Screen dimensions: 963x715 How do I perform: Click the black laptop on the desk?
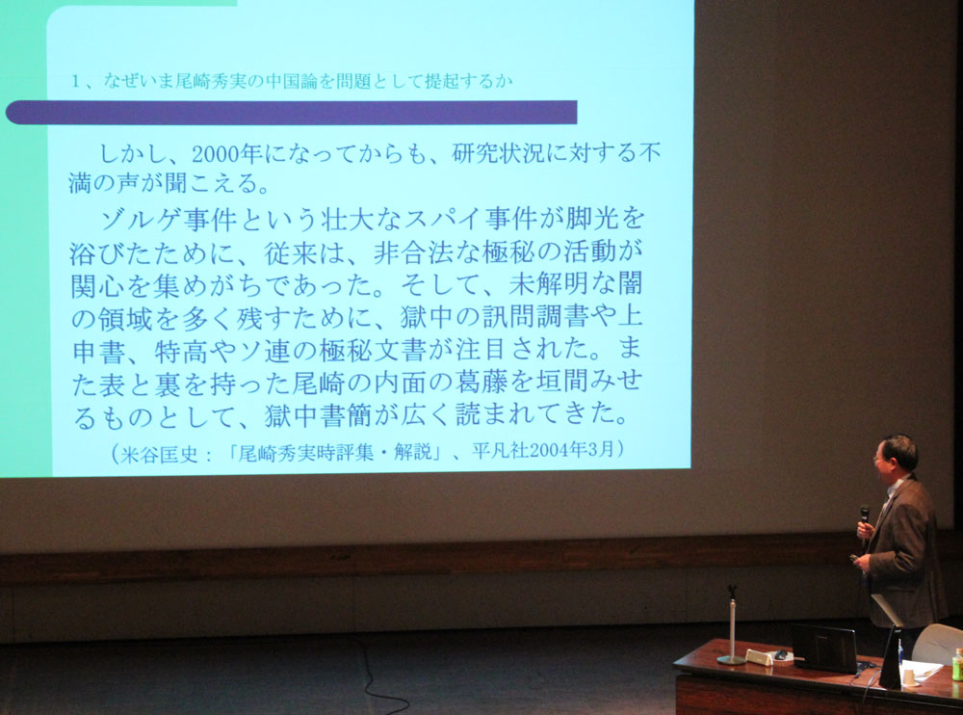tap(823, 649)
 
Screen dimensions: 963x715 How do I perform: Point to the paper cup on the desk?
tap(908, 676)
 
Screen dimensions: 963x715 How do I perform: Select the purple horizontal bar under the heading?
tap(291, 113)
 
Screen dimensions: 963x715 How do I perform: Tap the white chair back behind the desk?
tap(938, 643)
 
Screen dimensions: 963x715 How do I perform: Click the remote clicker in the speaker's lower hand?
tap(853, 558)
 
